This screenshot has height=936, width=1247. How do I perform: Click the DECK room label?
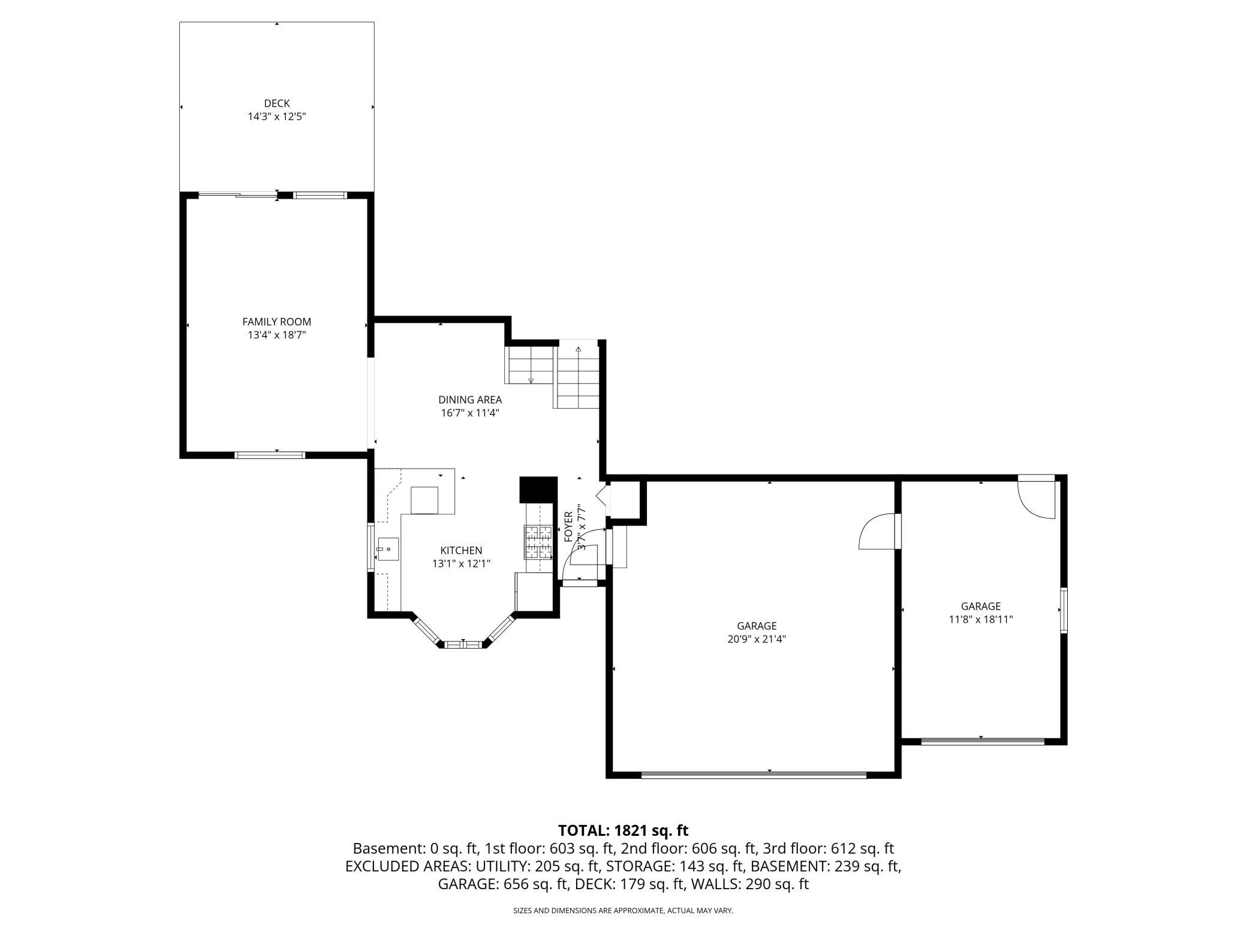click(277, 103)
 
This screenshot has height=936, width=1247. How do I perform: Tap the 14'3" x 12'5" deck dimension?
click(277, 116)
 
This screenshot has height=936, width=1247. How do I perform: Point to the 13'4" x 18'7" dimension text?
click(277, 335)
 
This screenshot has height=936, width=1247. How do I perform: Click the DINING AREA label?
click(470, 400)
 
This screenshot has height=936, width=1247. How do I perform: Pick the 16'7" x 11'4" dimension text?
click(470, 413)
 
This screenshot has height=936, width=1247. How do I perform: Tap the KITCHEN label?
click(461, 550)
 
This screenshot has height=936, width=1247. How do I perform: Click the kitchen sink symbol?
click(388, 549)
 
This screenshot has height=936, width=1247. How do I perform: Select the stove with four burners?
click(538, 542)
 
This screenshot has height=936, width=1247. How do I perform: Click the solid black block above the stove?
click(538, 490)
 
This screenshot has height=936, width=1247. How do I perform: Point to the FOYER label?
click(568, 526)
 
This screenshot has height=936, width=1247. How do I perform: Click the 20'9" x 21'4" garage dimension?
click(757, 639)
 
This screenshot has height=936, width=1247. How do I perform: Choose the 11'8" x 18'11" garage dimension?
click(981, 619)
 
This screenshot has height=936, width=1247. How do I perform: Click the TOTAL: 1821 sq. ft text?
click(623, 830)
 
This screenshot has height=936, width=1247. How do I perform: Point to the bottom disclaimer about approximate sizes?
click(623, 911)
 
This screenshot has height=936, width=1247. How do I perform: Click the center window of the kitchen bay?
click(462, 644)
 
